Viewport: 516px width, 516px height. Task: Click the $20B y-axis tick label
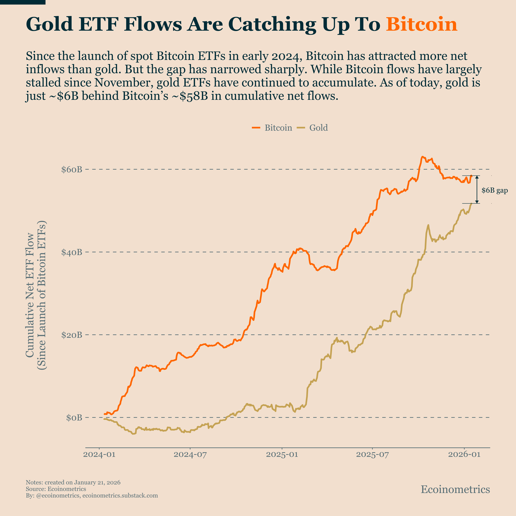72,335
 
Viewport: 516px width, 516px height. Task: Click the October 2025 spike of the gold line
428,225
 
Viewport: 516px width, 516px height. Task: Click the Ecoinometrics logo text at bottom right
455,489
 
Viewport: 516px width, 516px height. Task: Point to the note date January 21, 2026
97,482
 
